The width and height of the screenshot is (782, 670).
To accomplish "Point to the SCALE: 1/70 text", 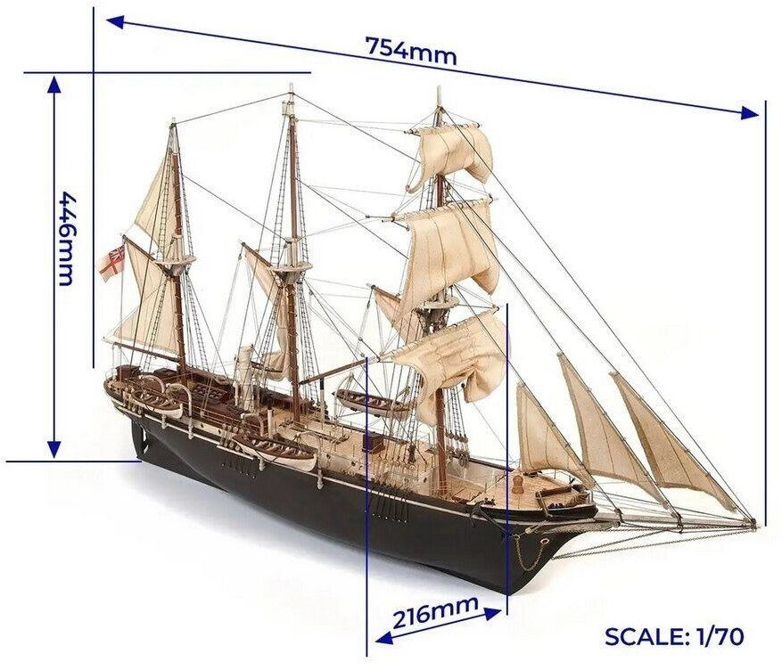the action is [x=673, y=636].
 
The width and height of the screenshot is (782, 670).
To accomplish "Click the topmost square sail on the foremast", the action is [x=451, y=151].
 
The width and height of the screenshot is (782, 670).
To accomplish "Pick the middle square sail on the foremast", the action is [x=450, y=245].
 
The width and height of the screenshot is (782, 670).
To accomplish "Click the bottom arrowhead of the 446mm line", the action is [x=54, y=451].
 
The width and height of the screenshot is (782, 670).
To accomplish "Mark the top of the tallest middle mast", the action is [x=290, y=88].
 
